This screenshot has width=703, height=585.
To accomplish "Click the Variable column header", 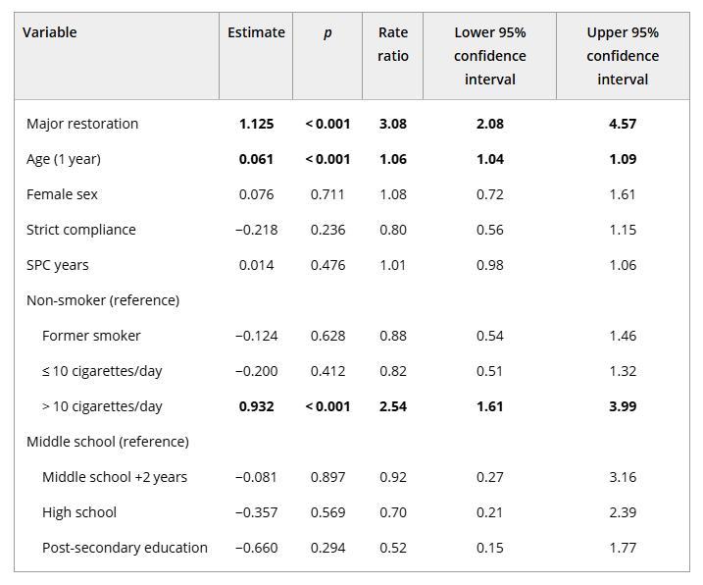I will tap(50, 32).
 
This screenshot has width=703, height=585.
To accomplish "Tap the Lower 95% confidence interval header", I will tap(489, 56).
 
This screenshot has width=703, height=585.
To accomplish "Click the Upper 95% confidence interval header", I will tap(623, 56).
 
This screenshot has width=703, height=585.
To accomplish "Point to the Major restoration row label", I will tap(82, 124).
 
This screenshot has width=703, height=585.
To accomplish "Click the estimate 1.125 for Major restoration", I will tap(256, 124).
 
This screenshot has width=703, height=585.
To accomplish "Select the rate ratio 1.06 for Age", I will tap(392, 159).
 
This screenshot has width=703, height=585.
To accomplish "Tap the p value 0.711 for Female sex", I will tap(327, 194).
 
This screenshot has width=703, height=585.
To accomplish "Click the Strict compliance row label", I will tap(81, 230).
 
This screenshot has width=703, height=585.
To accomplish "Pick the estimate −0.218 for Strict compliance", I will tap(256, 230).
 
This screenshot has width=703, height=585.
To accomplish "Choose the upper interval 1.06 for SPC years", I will tap(623, 265).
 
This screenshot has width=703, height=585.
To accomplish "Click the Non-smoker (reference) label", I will tap(103, 300).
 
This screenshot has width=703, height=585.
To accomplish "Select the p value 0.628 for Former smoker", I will tap(327, 336).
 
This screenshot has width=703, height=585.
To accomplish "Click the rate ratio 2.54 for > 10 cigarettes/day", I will tap(392, 406).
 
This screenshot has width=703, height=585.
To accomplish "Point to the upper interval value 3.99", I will tap(623, 406).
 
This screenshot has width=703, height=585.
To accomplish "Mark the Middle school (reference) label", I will tap(108, 442).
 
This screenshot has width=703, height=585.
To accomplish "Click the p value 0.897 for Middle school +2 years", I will tap(327, 477).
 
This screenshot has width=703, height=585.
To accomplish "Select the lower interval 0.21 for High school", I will tap(489, 512).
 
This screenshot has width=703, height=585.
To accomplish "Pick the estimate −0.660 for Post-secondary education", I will tap(256, 548).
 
